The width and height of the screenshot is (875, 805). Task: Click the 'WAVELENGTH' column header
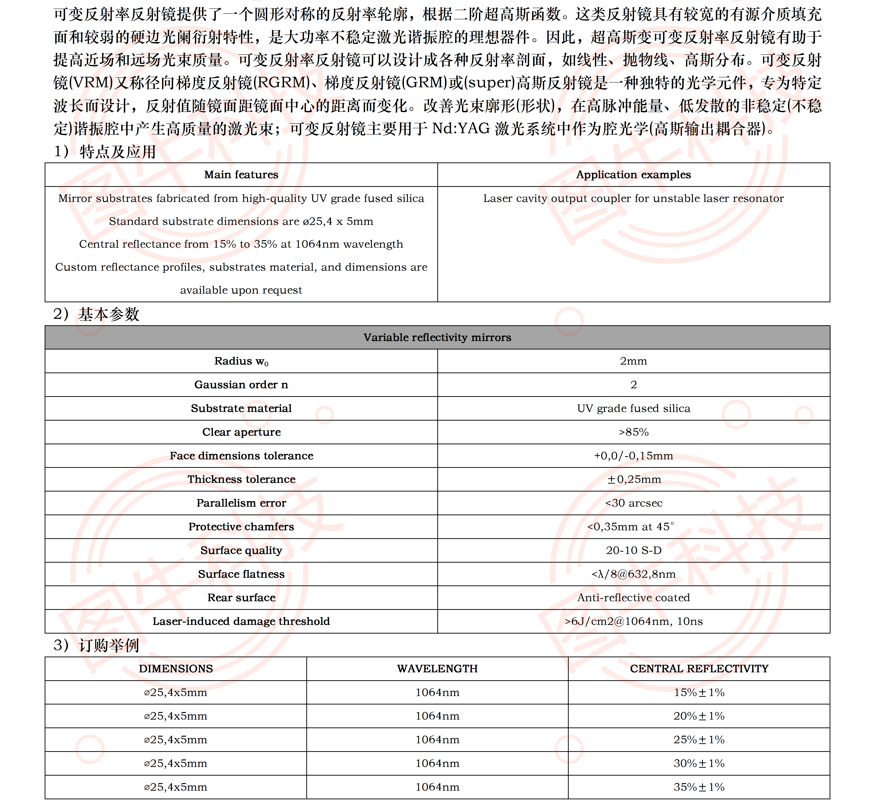click(x=437, y=669)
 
